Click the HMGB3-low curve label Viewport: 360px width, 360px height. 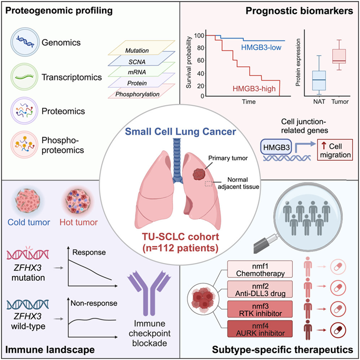click(259, 48)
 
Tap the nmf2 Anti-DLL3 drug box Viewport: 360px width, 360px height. click(260, 287)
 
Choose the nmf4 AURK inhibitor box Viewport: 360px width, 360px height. click(260, 329)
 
